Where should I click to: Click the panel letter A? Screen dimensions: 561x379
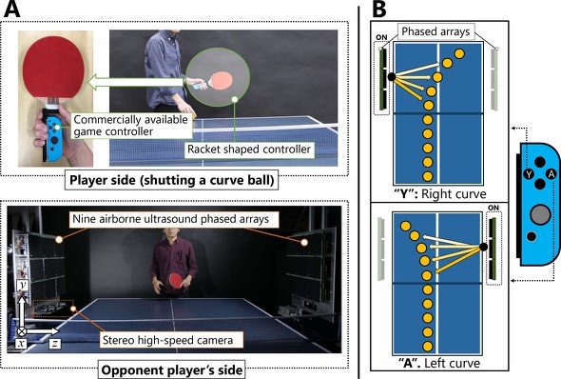[x=11, y=9]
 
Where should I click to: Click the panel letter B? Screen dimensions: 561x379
[x=379, y=9]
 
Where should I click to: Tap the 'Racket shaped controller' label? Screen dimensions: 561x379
[x=249, y=149]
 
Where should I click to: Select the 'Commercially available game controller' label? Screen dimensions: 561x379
[x=131, y=126]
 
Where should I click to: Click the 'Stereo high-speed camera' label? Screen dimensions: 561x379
[x=167, y=340]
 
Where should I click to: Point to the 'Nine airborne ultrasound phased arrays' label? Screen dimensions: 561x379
[x=170, y=219]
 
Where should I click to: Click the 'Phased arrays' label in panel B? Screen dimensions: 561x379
[x=435, y=31]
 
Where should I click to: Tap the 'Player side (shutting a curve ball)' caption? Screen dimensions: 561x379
[x=172, y=180]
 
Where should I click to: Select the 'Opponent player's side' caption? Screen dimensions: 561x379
[x=172, y=369]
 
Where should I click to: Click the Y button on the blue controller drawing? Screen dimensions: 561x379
[x=530, y=174]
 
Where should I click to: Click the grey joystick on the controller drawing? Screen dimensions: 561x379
[x=540, y=214]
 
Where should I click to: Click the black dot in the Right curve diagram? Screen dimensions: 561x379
[x=392, y=76]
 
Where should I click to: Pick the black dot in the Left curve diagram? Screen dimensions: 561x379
[x=483, y=247]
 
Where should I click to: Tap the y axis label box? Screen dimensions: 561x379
[x=22, y=286]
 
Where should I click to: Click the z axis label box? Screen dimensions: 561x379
[x=55, y=344]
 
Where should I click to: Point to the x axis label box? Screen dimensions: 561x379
[x=22, y=344]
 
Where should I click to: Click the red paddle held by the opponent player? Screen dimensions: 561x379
[x=176, y=280]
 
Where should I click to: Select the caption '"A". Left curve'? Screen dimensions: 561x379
[x=439, y=363]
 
